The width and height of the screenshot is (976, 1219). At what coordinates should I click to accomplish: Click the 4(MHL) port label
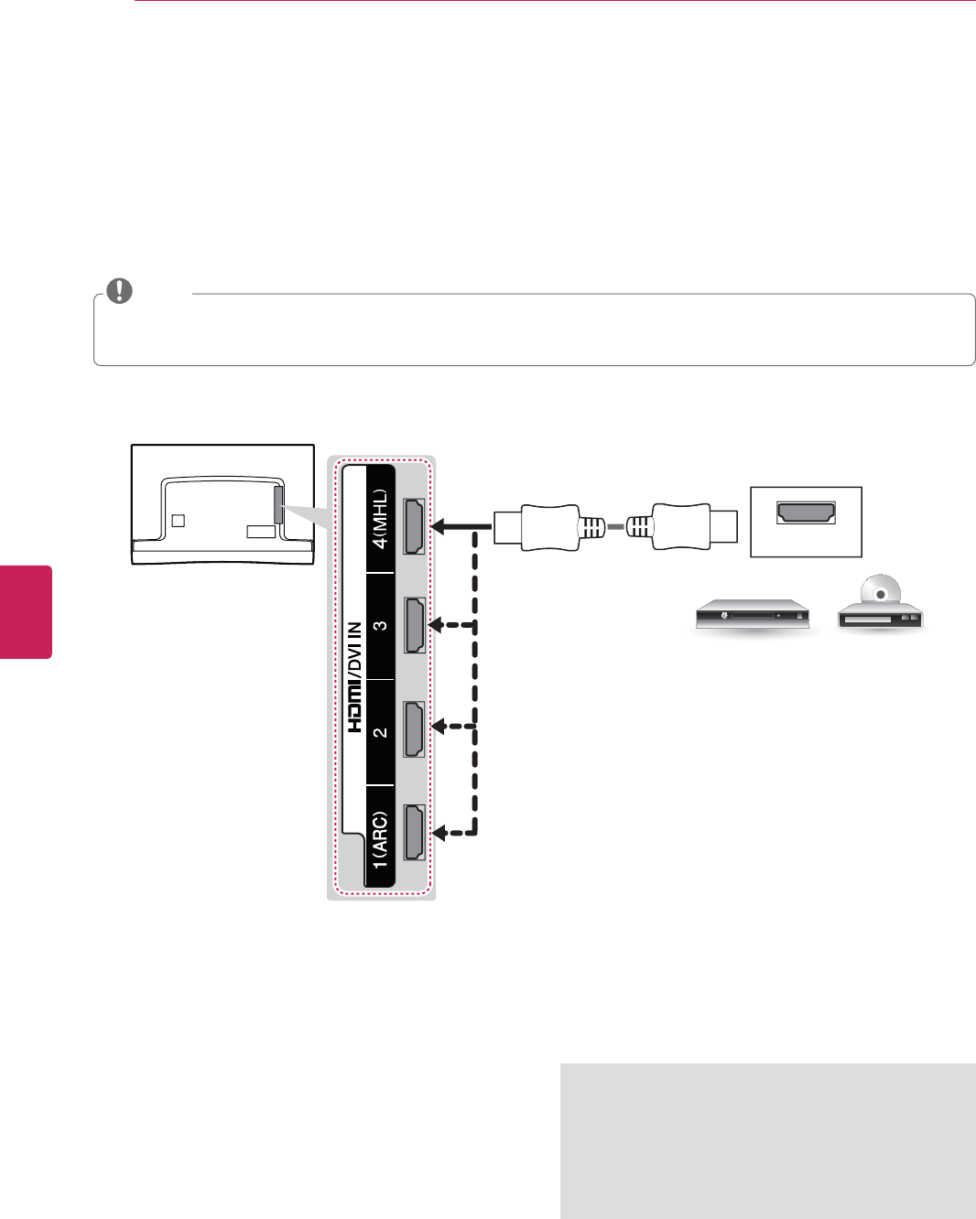[x=380, y=519]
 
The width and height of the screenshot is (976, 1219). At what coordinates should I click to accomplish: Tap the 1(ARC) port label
[x=380, y=839]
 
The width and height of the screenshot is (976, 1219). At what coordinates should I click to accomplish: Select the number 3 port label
[x=380, y=626]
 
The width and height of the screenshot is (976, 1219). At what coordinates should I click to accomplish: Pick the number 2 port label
[x=380, y=732]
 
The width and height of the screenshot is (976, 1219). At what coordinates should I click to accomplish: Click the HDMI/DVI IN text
[x=355, y=676]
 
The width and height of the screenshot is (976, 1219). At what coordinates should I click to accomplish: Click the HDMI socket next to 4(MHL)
[x=415, y=526]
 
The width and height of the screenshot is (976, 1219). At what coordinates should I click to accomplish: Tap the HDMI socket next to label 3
[x=415, y=626]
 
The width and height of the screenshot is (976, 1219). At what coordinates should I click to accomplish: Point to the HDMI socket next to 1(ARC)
[x=415, y=832]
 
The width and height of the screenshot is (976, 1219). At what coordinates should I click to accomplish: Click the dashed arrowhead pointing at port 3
[x=438, y=626]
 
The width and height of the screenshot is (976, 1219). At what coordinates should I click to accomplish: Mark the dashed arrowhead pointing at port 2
[x=438, y=727]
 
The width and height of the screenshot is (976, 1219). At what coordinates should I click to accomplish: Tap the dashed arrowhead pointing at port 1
[x=438, y=833]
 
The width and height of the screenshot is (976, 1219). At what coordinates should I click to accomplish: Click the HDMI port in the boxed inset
[x=806, y=512]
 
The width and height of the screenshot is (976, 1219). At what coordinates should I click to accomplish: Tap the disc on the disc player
[x=880, y=592]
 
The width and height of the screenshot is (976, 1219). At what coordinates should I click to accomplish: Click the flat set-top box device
[x=752, y=615]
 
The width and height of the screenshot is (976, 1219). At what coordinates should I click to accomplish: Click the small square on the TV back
[x=179, y=520]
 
